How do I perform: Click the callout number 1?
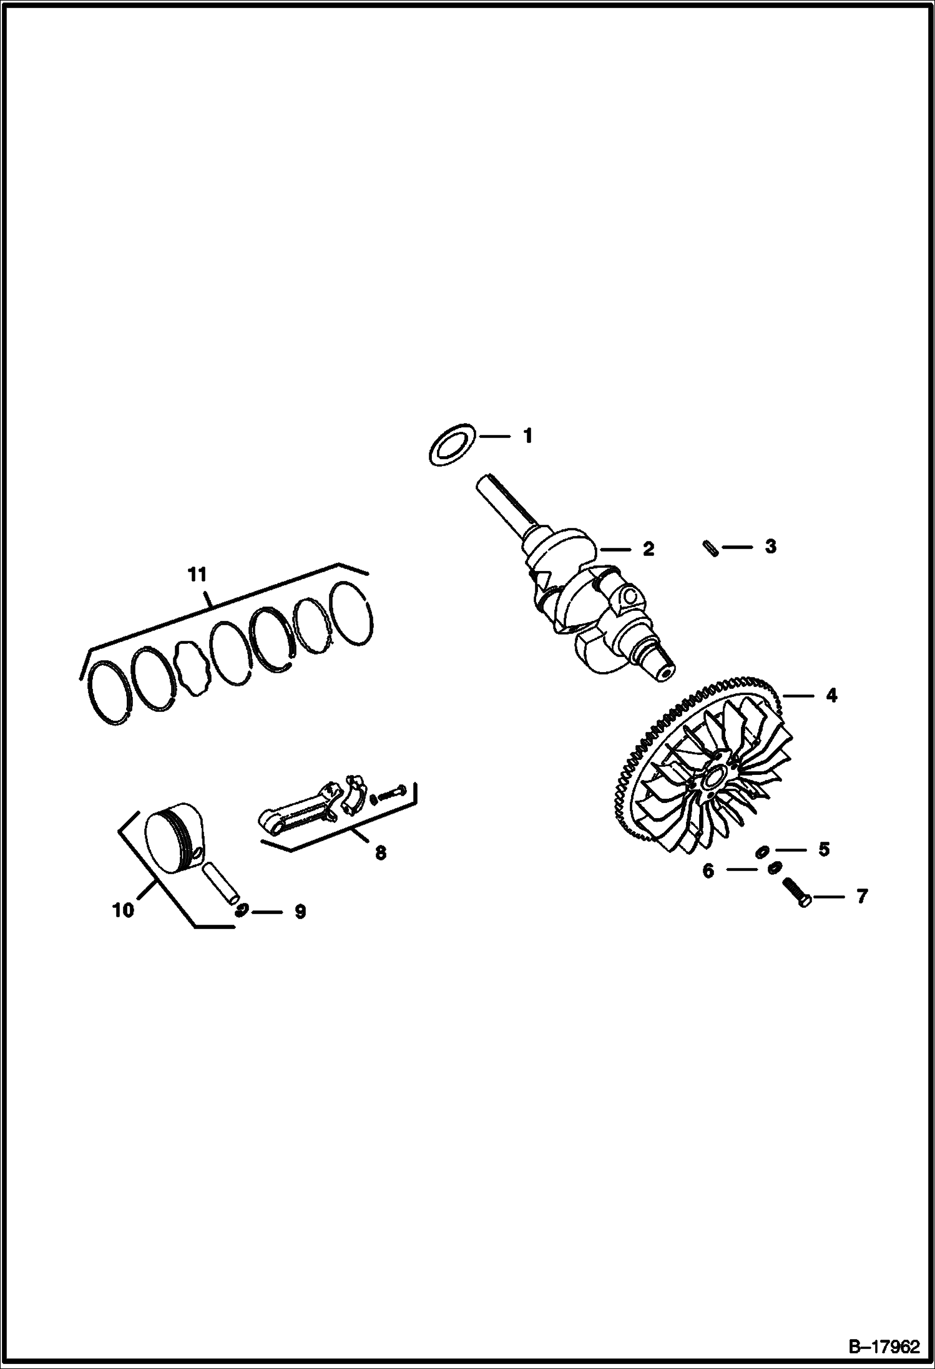[x=527, y=436]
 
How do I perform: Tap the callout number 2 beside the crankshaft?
[x=648, y=549]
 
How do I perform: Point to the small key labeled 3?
[x=709, y=547]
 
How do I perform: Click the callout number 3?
[x=771, y=547]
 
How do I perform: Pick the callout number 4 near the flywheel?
[x=831, y=695]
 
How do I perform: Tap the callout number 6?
[x=708, y=870]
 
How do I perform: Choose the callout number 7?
[x=861, y=897]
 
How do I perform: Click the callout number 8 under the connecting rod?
[x=380, y=852]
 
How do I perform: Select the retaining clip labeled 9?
[x=242, y=910]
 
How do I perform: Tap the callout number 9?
[x=300, y=912]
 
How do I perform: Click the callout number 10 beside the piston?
[x=124, y=910]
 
